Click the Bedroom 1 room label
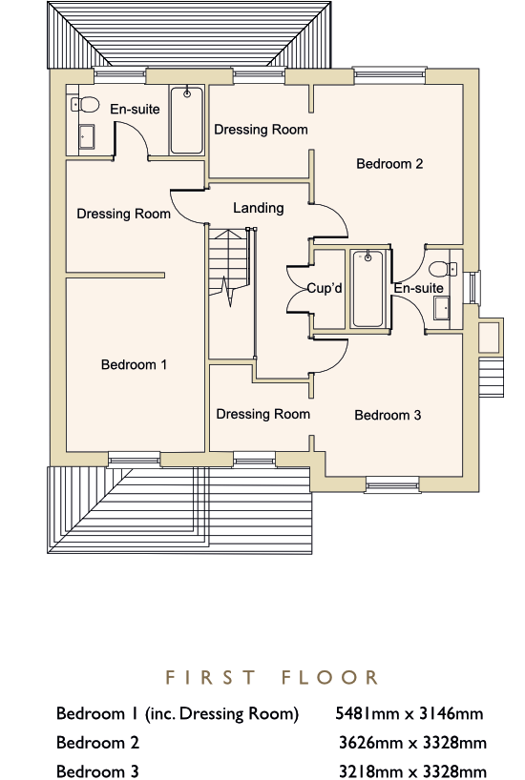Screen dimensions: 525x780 (x=134, y=364)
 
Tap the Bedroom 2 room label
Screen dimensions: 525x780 (x=389, y=164)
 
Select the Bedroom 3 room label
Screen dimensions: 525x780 (x=388, y=415)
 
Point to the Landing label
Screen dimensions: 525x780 (x=259, y=208)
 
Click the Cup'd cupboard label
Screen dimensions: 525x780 (x=325, y=288)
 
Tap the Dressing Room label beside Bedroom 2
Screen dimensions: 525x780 (x=261, y=130)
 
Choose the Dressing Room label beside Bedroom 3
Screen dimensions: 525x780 (x=263, y=414)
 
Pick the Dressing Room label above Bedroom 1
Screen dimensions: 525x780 (x=123, y=214)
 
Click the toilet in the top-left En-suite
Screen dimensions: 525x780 (x=85, y=104)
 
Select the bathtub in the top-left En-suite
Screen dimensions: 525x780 (x=187, y=120)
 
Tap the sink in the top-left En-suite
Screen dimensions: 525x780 (x=87, y=136)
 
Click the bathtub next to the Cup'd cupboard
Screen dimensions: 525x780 (x=367, y=289)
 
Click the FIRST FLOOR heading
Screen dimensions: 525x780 (x=271, y=677)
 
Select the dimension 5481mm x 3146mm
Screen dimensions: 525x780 (x=409, y=714)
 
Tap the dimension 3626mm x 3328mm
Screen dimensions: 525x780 (x=412, y=743)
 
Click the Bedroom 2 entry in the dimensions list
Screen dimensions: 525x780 (x=97, y=743)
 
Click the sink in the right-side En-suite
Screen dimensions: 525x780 (x=441, y=308)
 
